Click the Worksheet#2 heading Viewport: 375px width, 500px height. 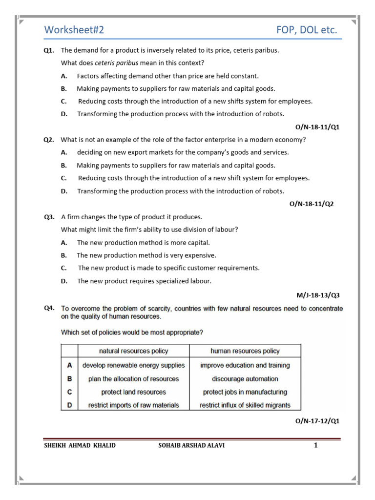coord(74,30)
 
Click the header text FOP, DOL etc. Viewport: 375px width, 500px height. coord(306,30)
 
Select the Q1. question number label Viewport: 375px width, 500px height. coord(49,50)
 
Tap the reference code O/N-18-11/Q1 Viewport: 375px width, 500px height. coord(317,127)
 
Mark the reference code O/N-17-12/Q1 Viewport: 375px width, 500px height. coord(317,421)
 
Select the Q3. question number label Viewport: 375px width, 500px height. coord(49,217)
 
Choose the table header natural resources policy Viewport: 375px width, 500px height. coord(133,351)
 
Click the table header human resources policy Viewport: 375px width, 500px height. coord(245,351)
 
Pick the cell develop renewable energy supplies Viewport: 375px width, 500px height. coord(133,365)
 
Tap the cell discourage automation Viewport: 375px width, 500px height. coord(245,379)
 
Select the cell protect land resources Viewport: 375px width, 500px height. coord(133,392)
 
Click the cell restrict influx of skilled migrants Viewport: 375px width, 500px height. coord(245,405)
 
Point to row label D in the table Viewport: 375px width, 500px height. coord(69,405)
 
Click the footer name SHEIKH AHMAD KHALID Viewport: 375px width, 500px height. coord(80,445)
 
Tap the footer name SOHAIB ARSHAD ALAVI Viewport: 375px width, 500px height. coord(192,445)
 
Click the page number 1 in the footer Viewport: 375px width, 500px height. coord(316,445)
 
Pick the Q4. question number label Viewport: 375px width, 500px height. coord(49,308)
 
